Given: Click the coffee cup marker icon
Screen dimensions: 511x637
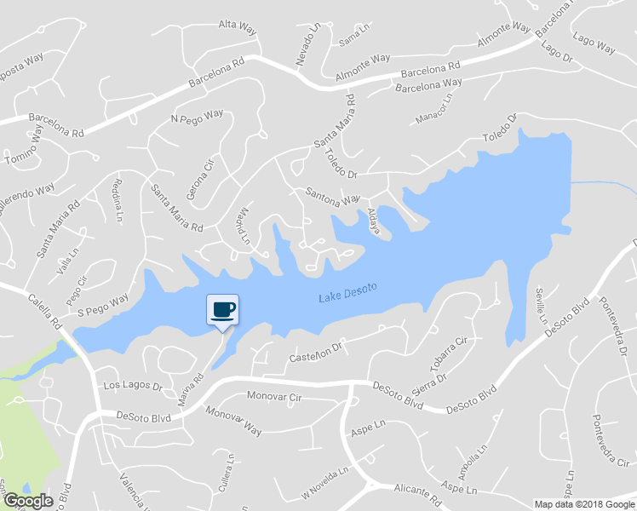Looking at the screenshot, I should pos(222,308).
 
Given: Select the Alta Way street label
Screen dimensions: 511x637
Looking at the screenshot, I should pos(238,28).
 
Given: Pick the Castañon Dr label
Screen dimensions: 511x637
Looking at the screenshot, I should pos(315,350).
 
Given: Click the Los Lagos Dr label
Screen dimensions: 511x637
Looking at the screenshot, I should pos(132,386).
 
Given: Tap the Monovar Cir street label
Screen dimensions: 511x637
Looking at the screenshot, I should pos(274,397).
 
